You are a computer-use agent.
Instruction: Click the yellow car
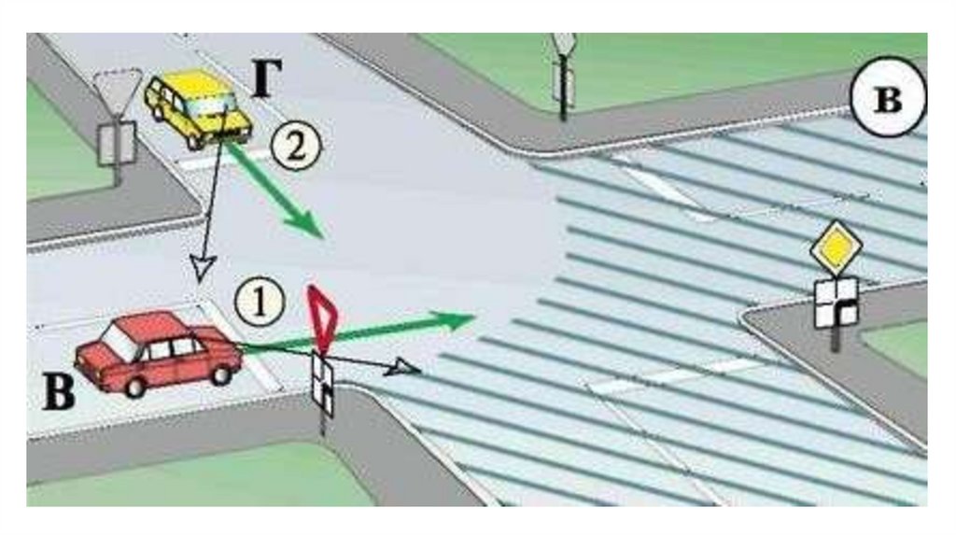pyautogui.click(x=199, y=108)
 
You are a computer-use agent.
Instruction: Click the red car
pyautogui.click(x=157, y=353)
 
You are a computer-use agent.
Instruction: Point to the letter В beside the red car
pyautogui.click(x=58, y=393)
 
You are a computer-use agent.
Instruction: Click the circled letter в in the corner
pyautogui.click(x=887, y=100)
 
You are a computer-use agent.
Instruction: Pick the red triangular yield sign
pyautogui.click(x=322, y=316)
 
